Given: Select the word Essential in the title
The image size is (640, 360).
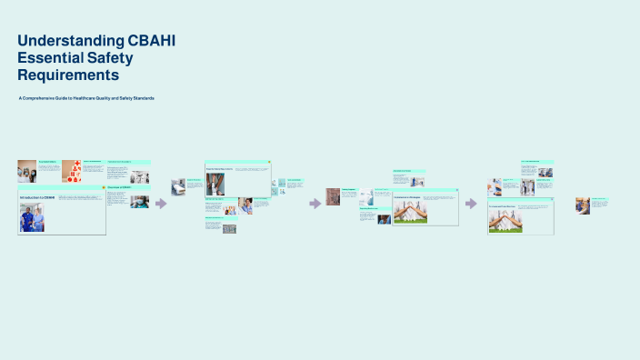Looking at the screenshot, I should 54,57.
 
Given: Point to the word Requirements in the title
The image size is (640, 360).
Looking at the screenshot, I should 68,75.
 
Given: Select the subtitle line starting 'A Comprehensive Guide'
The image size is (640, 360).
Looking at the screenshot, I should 85,97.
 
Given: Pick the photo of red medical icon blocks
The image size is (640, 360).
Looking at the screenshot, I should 71,171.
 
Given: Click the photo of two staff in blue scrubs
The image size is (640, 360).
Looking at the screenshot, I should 32,218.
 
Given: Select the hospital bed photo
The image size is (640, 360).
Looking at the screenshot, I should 178,186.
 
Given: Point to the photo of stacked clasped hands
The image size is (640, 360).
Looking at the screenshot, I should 410,212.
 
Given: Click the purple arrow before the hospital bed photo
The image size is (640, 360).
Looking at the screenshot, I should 161,204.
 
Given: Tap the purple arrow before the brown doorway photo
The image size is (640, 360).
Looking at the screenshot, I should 315,204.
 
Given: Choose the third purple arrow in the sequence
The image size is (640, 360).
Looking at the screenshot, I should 471,204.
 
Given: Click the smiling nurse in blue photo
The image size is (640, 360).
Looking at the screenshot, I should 583,205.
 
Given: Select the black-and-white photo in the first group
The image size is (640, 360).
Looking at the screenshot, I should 138,177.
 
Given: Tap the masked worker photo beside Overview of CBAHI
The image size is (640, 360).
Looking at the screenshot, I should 139,202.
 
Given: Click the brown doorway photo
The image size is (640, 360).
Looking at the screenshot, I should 334,196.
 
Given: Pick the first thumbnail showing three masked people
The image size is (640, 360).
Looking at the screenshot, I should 26,171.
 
